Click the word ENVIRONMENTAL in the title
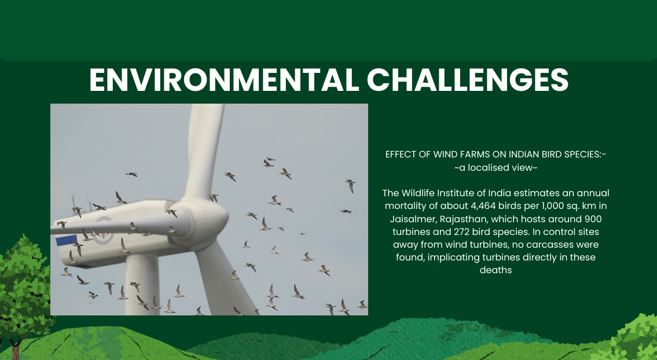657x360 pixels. [224, 80]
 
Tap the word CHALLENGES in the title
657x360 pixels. [468, 80]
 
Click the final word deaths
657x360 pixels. [495, 270]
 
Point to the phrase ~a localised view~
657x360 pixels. [495, 168]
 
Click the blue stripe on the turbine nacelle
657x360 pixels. [67, 240]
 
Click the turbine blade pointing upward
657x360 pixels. [204, 152]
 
